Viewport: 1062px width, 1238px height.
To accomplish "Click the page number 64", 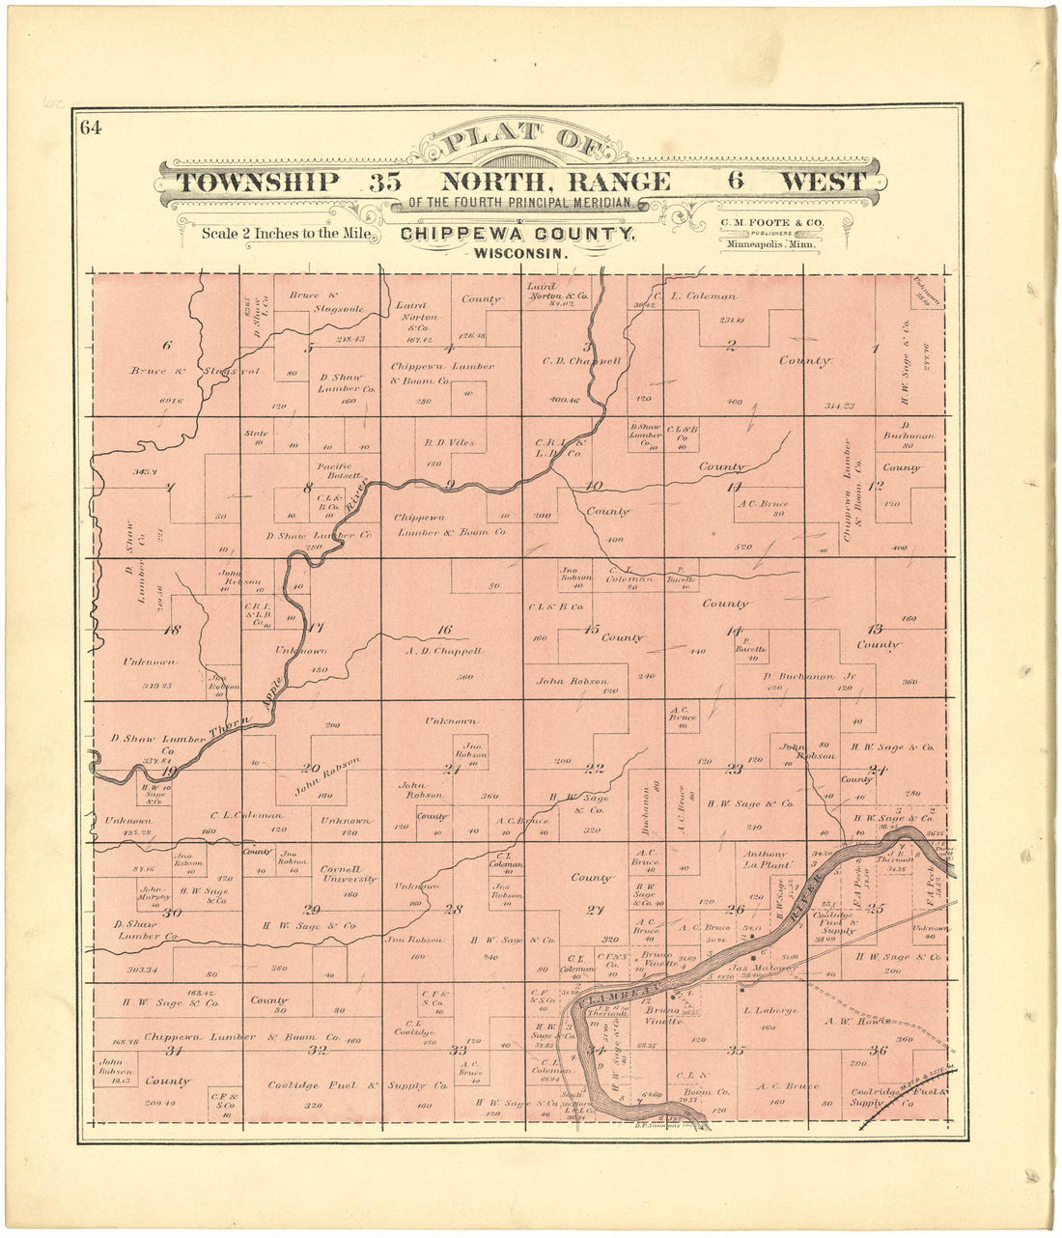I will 92,127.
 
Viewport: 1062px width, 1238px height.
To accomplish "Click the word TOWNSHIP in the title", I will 258,182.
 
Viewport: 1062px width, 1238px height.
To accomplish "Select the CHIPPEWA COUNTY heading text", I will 517,234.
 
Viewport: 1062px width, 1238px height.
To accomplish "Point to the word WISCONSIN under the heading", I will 517,253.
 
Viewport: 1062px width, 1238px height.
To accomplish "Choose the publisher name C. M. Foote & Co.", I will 770,223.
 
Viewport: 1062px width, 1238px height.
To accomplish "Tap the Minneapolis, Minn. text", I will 770,245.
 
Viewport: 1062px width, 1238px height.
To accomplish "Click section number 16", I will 444,630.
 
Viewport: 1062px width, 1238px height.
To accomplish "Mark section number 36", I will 878,1051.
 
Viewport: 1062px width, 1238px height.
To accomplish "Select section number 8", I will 309,488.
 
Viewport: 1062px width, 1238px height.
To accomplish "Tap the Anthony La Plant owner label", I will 767,859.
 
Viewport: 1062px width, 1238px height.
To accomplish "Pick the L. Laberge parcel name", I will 770,1010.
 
